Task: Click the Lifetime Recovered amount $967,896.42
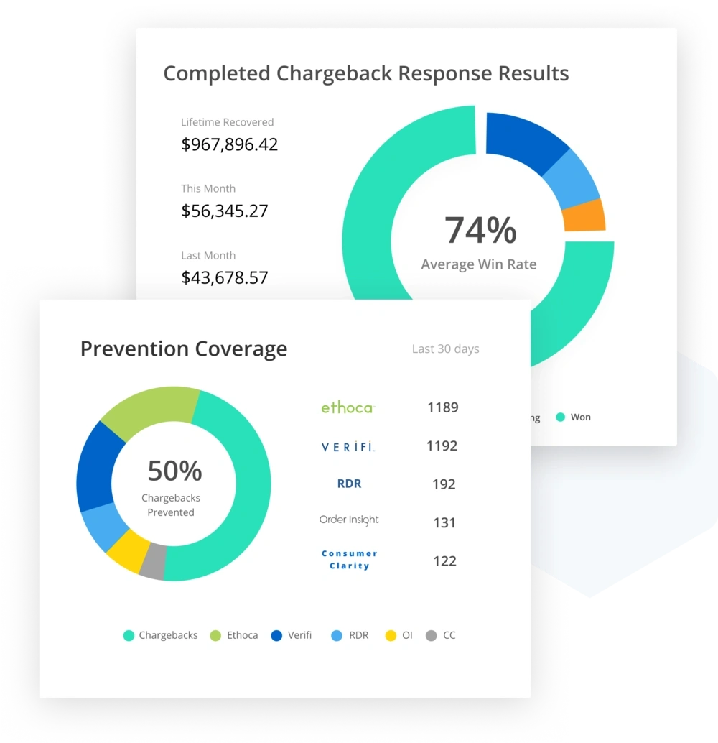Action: click(229, 144)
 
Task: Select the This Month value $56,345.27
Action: click(224, 211)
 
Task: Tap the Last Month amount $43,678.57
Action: click(224, 277)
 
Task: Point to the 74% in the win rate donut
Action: click(480, 231)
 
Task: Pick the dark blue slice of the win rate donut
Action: click(523, 140)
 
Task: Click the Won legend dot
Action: click(561, 417)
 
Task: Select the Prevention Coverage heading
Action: click(184, 349)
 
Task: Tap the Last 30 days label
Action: click(445, 349)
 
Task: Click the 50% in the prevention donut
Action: click(174, 471)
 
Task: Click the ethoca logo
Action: click(348, 408)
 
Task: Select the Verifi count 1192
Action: click(442, 446)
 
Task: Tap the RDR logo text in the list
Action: click(349, 484)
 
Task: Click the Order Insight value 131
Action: click(444, 523)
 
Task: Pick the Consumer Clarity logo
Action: click(350, 560)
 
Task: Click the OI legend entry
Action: click(399, 635)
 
